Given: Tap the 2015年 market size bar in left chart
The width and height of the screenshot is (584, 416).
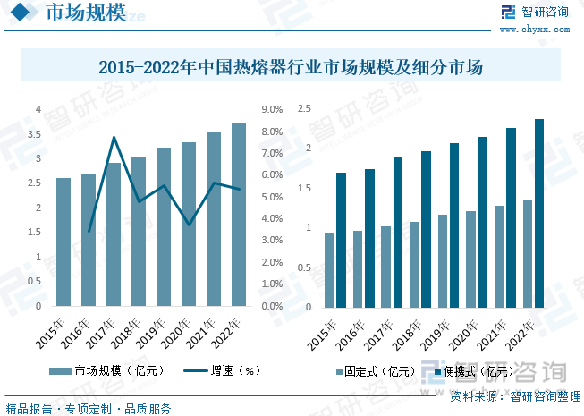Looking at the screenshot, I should point(63,242).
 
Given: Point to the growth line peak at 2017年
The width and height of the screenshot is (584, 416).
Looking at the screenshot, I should point(114,138).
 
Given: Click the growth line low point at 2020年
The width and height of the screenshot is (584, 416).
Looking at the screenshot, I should point(189,224).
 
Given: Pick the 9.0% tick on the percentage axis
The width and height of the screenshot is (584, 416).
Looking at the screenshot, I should point(272,110).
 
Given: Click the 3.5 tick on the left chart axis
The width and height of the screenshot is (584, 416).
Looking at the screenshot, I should point(38,134).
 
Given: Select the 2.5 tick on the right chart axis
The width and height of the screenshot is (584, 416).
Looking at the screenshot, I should point(304,109).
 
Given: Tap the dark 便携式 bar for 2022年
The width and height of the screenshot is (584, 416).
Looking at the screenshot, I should point(539,213).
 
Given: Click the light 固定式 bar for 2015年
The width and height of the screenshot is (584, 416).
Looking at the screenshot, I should point(329,270).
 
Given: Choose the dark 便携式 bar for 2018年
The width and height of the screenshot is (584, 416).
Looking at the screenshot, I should point(426,229).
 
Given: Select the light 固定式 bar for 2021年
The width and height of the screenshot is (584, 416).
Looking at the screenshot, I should point(500,256).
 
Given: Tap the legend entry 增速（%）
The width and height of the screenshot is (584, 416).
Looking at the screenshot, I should point(224,369).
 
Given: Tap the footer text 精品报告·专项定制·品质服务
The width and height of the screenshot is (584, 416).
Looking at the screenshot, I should point(89,409).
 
